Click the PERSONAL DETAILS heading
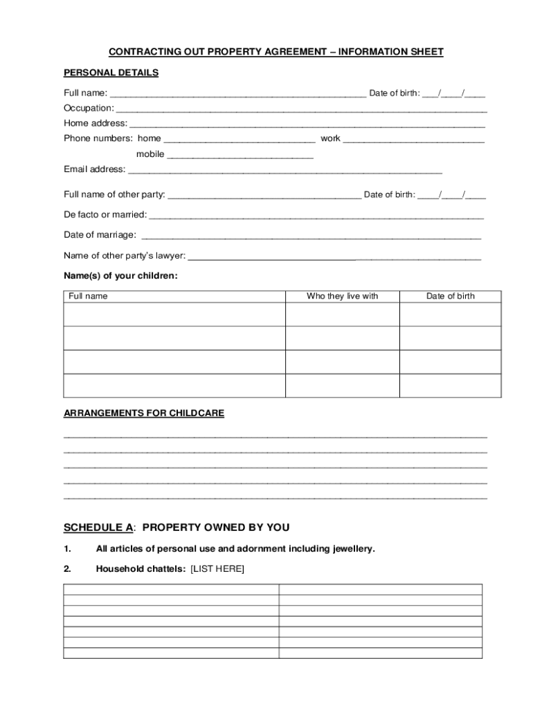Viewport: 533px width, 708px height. (111, 73)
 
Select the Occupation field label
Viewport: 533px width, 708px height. (89, 108)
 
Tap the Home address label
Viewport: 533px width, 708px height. (96, 123)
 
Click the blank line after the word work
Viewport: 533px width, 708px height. (413, 140)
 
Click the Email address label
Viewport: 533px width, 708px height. (95, 169)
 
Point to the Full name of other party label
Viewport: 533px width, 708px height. (115, 194)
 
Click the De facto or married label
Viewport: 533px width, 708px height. (105, 214)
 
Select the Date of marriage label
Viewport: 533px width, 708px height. (100, 235)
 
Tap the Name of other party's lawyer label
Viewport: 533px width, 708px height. (125, 256)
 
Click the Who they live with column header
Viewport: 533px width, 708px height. (342, 296)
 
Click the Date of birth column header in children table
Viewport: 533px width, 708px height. (450, 296)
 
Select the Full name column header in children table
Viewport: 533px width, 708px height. (88, 296)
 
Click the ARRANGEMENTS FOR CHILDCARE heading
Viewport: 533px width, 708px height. (144, 413)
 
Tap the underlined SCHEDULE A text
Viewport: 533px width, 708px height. (98, 528)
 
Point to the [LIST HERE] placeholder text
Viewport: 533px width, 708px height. (217, 569)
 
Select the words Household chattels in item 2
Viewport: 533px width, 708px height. (141, 569)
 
